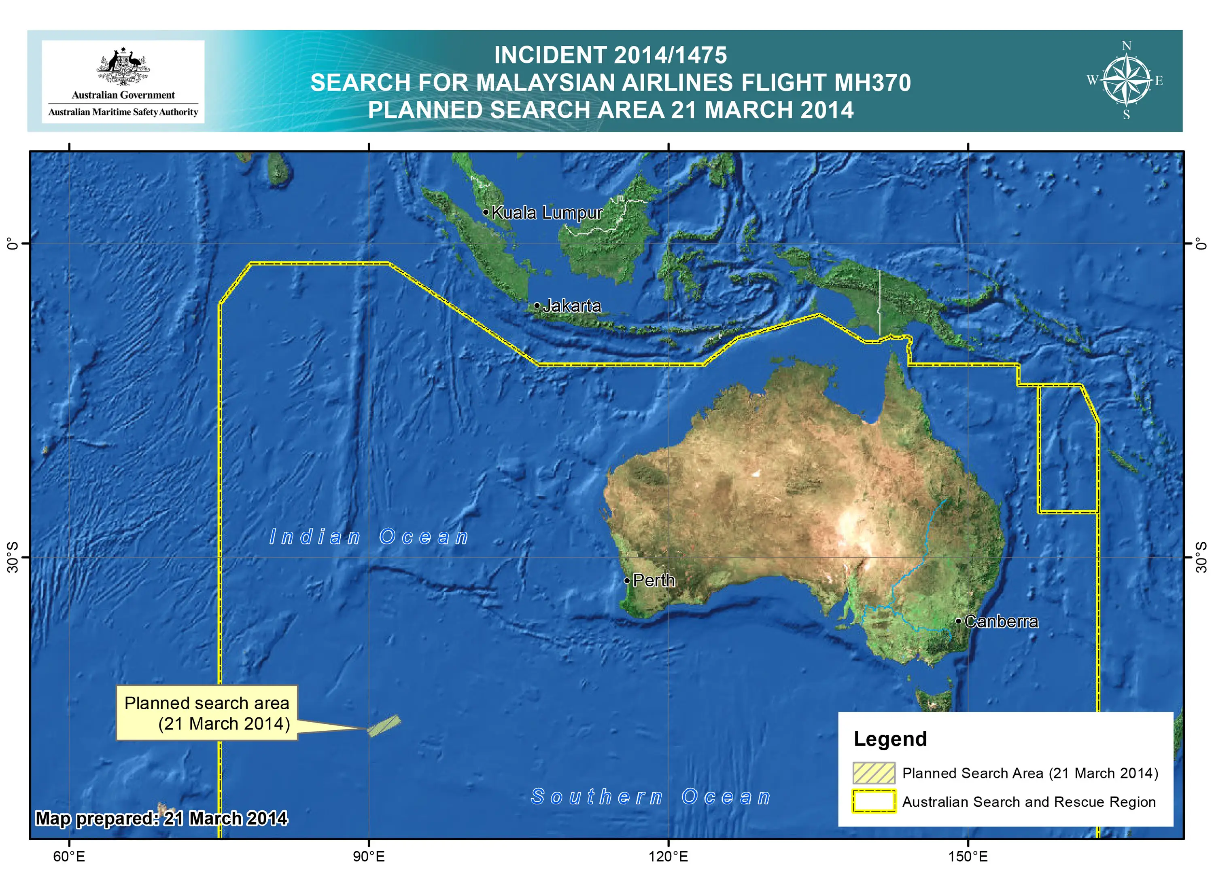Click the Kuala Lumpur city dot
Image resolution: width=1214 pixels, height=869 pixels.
(x=486, y=212)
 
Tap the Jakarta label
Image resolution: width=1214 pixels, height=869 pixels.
(x=572, y=306)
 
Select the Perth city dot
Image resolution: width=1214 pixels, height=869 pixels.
(x=627, y=580)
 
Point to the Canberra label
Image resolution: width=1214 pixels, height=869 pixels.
(x=1001, y=622)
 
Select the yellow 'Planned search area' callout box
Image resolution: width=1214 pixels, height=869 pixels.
(x=207, y=713)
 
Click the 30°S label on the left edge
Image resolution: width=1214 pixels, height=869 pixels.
(x=13, y=557)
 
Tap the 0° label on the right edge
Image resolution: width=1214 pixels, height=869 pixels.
(x=1202, y=244)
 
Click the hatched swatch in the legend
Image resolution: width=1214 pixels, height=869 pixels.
(x=874, y=773)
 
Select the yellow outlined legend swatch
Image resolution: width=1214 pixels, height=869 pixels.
(x=874, y=801)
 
